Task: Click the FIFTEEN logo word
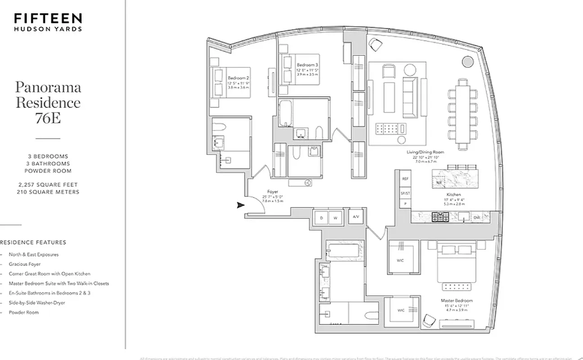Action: pyautogui.click(x=48, y=18)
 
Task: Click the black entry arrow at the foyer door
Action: pyautogui.click(x=240, y=205)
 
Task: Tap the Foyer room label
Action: pyautogui.click(x=272, y=192)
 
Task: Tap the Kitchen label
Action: pyautogui.click(x=454, y=195)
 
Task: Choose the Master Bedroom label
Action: pyautogui.click(x=456, y=300)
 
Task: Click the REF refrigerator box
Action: pyautogui.click(x=405, y=179)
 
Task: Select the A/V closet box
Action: pyautogui.click(x=356, y=216)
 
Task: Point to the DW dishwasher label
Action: pyautogui.click(x=477, y=217)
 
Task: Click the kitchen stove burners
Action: pyautogui.click(x=439, y=217)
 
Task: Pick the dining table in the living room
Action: pyautogui.click(x=463, y=114)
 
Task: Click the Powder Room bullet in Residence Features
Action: pyautogui.click(x=24, y=312)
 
